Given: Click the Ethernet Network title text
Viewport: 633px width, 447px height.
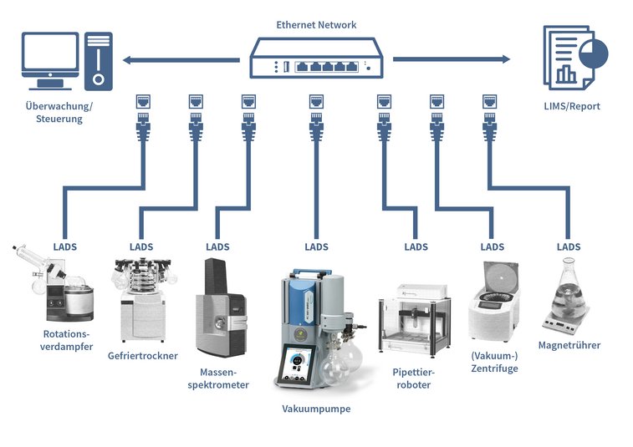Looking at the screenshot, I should [316, 25].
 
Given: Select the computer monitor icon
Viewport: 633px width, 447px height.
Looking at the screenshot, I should [50, 58].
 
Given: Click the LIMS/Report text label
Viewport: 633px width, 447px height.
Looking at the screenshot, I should [573, 106].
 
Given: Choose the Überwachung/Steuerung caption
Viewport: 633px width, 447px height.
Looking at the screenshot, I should [54, 113].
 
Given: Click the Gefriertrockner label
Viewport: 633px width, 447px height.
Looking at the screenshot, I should [143, 355].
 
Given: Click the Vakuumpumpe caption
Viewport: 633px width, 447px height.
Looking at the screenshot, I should [316, 409].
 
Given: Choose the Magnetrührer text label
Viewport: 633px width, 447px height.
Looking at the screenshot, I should [569, 345].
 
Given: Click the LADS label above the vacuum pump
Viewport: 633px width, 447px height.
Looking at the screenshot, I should [316, 247].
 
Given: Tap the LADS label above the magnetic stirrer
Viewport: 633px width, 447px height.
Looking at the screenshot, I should [569, 247].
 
